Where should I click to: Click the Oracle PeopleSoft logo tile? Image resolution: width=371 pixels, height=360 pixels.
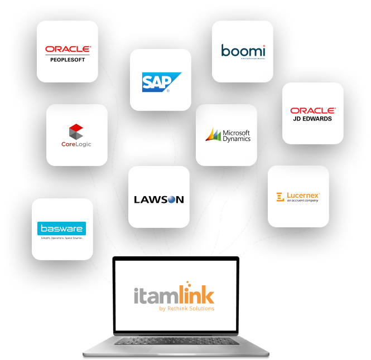pos(68,51)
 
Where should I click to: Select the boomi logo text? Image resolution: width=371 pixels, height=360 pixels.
pos(243,50)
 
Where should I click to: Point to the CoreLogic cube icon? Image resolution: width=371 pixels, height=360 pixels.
pos(76,132)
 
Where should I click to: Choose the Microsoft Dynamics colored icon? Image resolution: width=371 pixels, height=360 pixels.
pos(213,135)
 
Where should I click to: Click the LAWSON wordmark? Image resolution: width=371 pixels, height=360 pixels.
pos(159,200)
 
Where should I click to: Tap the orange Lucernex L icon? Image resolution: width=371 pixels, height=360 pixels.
pos(280,197)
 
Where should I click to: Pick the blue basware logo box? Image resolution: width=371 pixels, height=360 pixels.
pos(62,228)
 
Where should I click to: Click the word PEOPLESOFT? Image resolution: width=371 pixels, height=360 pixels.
pos(68,59)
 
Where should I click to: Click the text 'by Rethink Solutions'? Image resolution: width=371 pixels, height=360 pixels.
pos(186,308)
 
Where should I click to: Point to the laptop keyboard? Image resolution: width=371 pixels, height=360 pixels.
pos(176,340)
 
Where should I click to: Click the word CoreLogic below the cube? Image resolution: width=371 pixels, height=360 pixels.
pos(76,144)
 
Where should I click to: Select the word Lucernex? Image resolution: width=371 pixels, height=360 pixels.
pos(303,195)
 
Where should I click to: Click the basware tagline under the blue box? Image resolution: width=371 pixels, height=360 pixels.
pos(62,237)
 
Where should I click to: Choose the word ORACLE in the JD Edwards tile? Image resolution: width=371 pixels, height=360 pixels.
pos(312,110)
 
